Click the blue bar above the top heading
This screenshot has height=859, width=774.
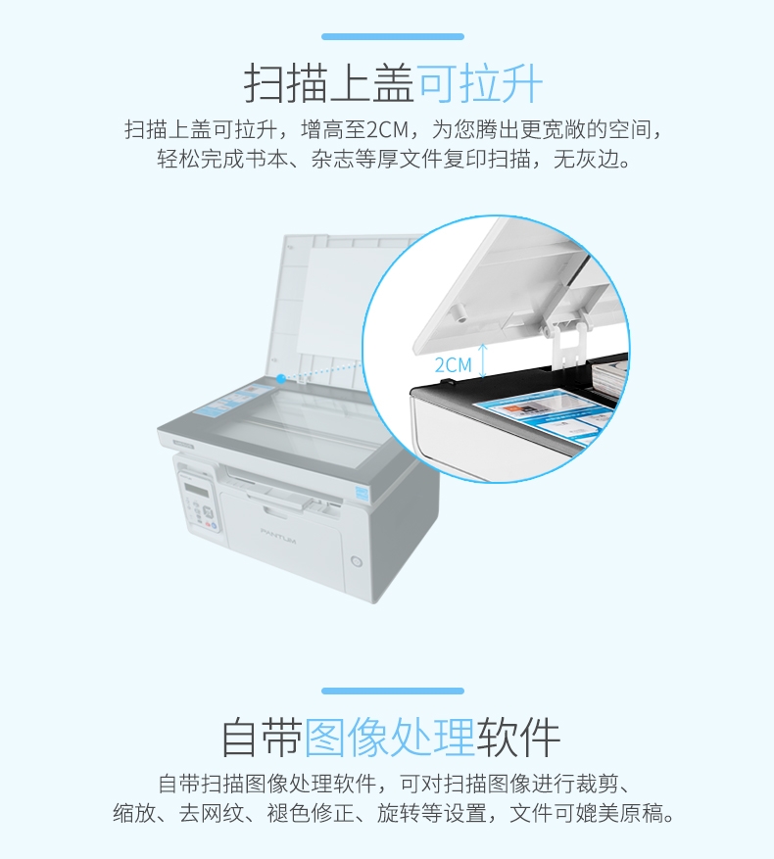(x=393, y=36)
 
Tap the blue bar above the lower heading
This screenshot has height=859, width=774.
(x=393, y=691)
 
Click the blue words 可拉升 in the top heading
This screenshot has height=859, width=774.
(x=480, y=84)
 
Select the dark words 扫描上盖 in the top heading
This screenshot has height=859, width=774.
(x=329, y=84)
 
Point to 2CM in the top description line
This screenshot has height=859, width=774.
(x=388, y=130)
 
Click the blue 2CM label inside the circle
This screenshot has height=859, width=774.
(x=453, y=365)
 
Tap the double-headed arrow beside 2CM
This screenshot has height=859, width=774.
(x=482, y=361)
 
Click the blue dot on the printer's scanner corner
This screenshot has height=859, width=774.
(x=280, y=378)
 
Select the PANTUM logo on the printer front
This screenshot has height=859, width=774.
(x=278, y=536)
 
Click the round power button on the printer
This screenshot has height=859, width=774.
(x=357, y=561)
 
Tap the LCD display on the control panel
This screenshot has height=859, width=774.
(x=196, y=489)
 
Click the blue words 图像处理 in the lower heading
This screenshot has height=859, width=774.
(x=389, y=738)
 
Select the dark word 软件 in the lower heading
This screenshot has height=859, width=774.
(x=518, y=738)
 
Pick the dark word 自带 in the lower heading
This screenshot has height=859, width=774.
(x=262, y=738)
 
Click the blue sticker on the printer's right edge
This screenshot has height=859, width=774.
(x=363, y=492)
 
